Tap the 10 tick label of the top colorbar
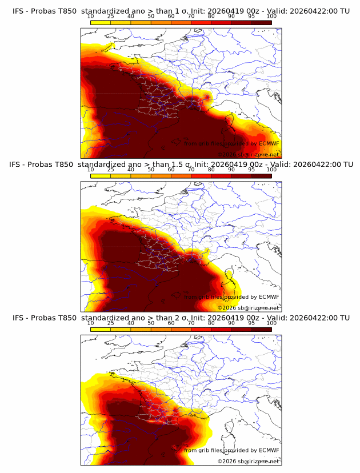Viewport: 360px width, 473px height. pos(91,16)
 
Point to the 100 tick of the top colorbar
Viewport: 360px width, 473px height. pos(271,16)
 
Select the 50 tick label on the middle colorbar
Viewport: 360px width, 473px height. pos(151,170)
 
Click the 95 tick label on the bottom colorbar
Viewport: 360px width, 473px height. pos(251,323)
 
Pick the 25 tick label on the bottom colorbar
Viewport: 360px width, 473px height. pos(111,323)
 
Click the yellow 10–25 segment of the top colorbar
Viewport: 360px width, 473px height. pos(101,22)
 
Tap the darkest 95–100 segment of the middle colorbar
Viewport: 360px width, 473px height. pos(261,176)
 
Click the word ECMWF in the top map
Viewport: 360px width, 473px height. pos(269,143)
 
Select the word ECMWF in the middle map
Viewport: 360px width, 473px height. pos(269,296)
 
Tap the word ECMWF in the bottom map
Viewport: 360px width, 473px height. pos(269,450)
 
